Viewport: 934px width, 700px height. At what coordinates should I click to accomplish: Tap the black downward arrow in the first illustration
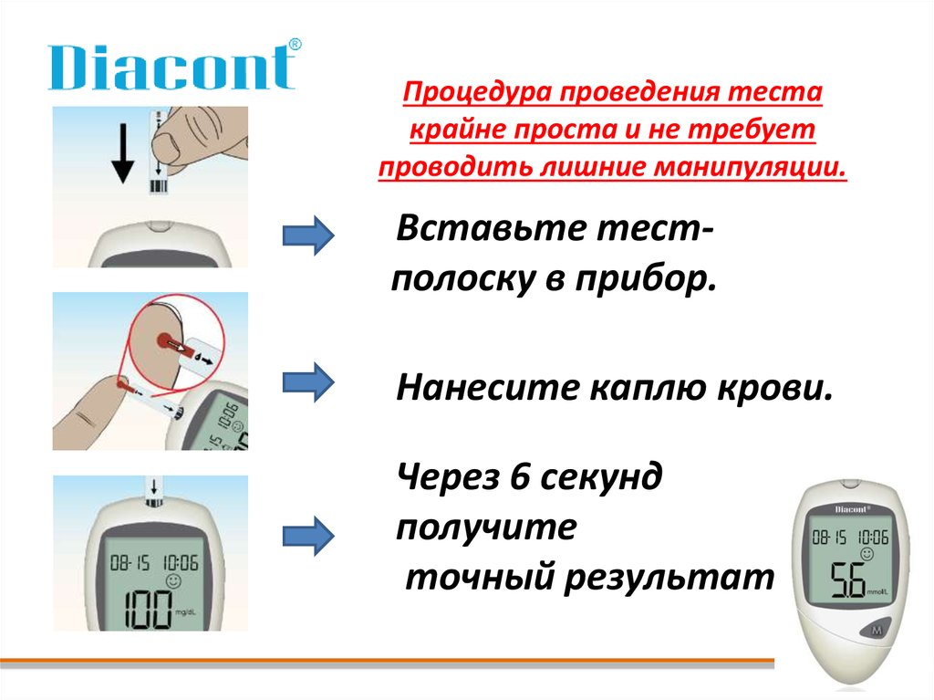(123, 152)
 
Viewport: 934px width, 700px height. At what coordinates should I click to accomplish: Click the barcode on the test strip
(159, 185)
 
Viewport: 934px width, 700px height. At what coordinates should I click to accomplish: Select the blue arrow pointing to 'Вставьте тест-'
(308, 235)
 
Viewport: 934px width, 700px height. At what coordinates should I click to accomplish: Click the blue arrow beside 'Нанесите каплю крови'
(308, 382)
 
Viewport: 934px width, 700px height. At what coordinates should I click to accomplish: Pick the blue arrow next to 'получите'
(308, 536)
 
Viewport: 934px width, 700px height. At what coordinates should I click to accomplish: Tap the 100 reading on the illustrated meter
(148, 610)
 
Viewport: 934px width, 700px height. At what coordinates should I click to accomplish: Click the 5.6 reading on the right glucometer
(848, 580)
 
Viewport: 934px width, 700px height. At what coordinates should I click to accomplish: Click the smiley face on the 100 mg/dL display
(173, 580)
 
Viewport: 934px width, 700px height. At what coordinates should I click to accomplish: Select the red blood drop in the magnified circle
(164, 341)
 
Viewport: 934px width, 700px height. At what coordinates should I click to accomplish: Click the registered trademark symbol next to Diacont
(295, 45)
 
